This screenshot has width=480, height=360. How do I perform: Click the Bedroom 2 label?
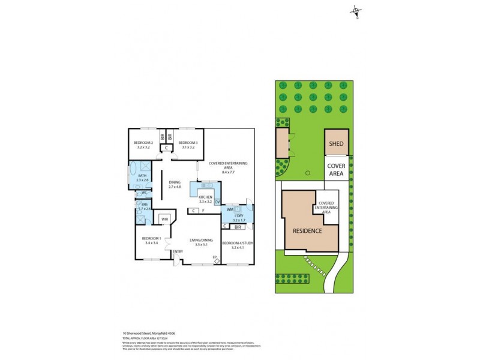click(144, 142)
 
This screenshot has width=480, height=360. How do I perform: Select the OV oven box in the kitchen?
click(217, 202)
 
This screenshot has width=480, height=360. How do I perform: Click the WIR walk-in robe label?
click(164, 219)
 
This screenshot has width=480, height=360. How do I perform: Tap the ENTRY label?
click(178, 251)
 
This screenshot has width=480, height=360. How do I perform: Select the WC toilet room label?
click(145, 193)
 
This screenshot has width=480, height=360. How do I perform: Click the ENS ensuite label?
click(144, 204)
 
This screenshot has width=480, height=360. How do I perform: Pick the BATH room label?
click(142, 175)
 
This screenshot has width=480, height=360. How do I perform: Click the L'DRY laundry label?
click(238, 215)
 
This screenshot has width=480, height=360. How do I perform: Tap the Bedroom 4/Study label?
click(237, 243)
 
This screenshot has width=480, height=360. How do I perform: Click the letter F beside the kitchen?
click(203, 211)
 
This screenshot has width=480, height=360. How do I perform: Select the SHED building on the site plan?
click(336, 144)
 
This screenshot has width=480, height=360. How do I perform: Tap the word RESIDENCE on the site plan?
click(307, 231)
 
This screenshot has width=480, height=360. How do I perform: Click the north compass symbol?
click(356, 11)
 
